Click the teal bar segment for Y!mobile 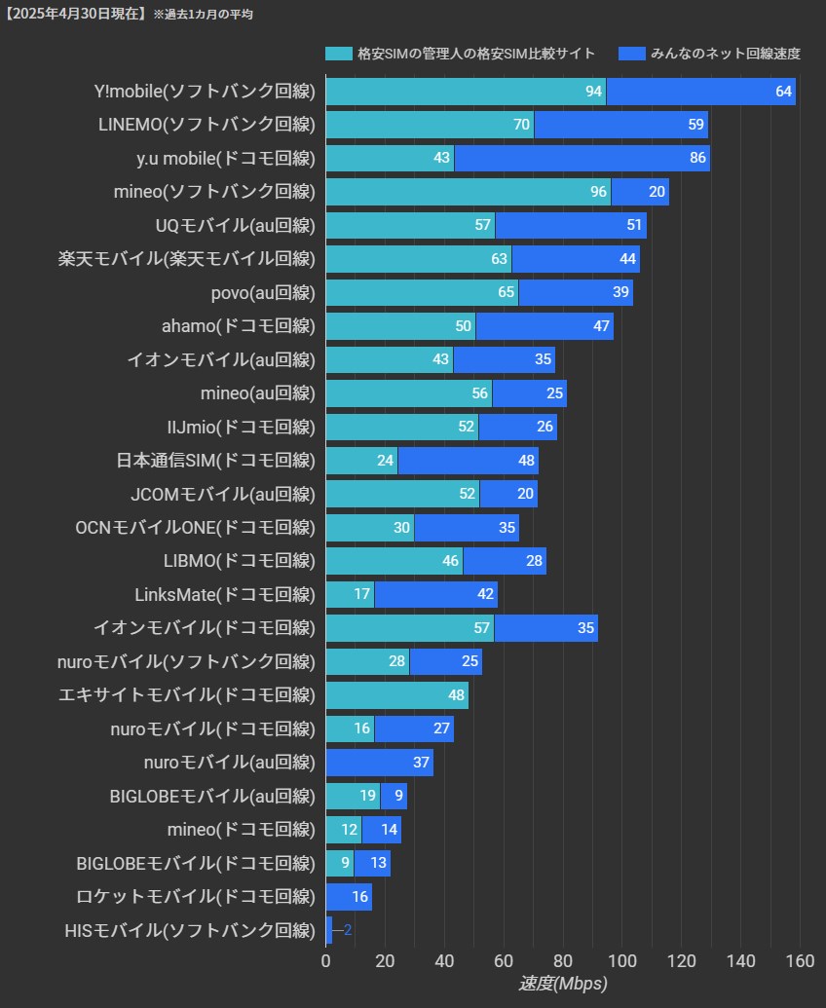click(466, 92)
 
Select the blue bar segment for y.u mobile click(582, 158)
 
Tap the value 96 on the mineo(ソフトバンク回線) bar click(598, 192)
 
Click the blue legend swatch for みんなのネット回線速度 click(631, 53)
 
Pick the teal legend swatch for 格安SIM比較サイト click(338, 53)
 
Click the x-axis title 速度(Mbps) click(562, 984)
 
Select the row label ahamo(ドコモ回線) click(239, 325)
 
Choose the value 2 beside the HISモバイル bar click(348, 930)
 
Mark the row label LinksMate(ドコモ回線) click(225, 594)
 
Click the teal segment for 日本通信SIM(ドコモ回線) click(361, 461)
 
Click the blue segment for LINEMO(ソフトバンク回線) click(620, 125)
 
